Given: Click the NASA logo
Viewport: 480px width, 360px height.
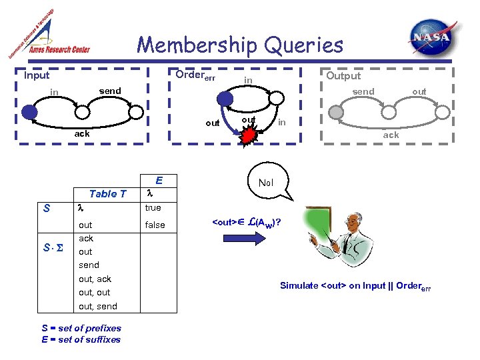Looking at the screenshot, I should click(434, 39).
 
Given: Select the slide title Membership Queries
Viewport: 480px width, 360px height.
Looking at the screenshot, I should click(240, 45).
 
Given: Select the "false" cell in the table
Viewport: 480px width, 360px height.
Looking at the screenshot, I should click(155, 225).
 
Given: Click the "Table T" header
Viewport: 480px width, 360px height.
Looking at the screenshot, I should click(107, 193).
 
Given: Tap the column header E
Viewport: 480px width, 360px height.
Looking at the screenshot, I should click(159, 180).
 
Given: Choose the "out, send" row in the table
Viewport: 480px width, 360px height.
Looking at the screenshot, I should click(97, 306).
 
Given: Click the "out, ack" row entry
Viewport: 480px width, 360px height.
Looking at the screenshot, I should click(95, 279).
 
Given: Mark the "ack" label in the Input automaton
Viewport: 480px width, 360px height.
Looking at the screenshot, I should click(81, 133).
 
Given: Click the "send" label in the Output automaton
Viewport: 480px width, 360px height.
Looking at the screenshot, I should click(363, 91).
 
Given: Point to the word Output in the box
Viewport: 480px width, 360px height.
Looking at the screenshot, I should click(343, 75).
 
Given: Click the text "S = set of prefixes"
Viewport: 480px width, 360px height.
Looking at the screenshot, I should click(81, 328).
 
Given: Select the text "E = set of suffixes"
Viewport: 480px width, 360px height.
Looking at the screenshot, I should click(81, 339).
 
